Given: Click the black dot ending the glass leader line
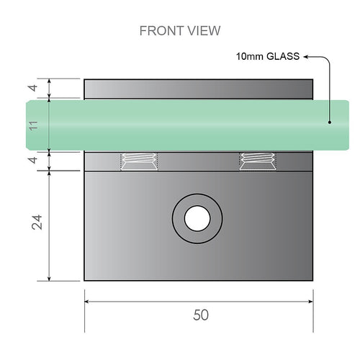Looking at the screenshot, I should [329, 122].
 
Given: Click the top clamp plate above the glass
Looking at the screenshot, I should [199, 89].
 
